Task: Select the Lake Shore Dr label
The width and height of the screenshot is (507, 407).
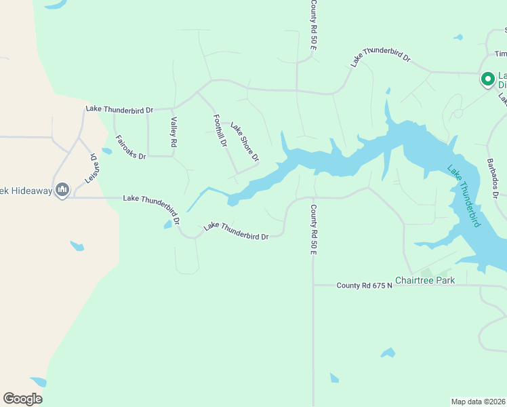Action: [245, 142]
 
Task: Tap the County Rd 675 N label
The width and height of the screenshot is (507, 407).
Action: [365, 286]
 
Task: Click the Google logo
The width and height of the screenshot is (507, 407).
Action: [22, 399]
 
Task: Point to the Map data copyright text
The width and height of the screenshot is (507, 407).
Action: [479, 401]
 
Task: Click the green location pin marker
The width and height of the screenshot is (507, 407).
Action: [487, 79]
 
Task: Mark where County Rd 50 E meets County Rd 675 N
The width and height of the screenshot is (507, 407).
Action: [313, 286]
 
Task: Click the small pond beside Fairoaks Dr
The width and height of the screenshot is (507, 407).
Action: [106, 151]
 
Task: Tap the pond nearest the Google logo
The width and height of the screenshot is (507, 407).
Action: [38, 382]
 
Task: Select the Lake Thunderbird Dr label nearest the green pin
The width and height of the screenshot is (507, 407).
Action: [381, 57]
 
